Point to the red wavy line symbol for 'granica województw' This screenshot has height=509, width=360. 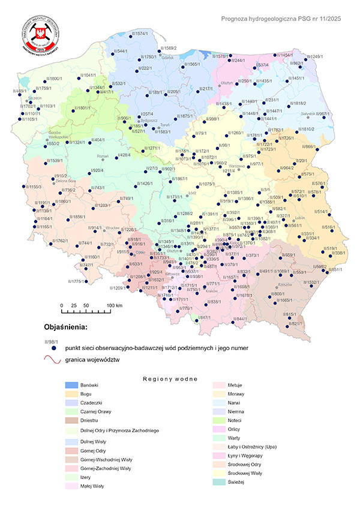coord(53,359)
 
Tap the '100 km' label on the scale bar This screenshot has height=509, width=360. coord(115,306)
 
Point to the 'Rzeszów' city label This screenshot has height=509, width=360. coord(284,284)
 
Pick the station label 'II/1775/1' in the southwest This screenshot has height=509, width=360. coord(78,282)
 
